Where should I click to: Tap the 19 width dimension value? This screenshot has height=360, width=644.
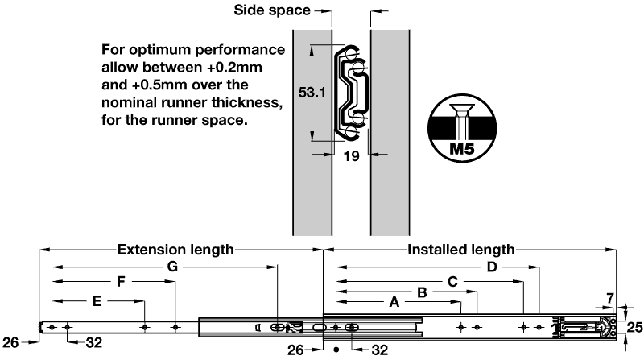tap(351, 158)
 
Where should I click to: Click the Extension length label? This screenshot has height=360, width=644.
tap(175, 250)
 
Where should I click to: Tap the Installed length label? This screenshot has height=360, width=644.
tap(461, 250)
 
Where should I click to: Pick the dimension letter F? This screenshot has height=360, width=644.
tap(121, 282)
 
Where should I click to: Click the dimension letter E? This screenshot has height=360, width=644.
tap(97, 302)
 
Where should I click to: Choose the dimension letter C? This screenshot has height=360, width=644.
tap(452, 282)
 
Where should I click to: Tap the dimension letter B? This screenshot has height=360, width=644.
tap(421, 292)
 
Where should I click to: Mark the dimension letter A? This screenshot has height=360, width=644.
tap(394, 303)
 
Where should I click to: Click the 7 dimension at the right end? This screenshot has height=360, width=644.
tap(609, 298)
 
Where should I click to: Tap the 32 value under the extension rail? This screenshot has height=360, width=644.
tap(94, 342)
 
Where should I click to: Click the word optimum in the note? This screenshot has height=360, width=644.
tap(167, 48)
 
